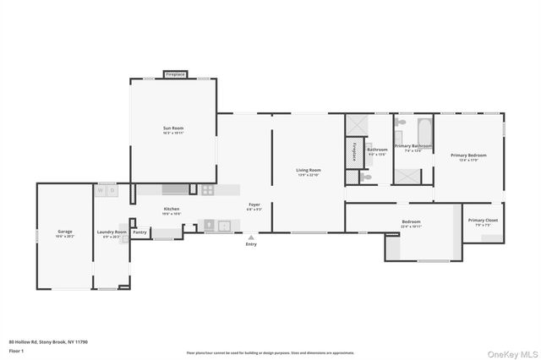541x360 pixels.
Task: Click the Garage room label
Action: coord(64,231)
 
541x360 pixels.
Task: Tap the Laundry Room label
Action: coord(112,232)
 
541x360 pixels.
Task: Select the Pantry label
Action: coord(140,232)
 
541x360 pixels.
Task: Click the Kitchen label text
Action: coord(172,209)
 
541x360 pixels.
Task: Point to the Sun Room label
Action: coord(172,129)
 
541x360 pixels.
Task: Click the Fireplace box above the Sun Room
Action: coord(175,74)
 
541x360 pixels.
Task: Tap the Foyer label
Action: coord(254,205)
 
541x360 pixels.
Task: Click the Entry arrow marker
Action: coord(251,237)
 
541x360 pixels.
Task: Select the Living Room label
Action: coord(308,172)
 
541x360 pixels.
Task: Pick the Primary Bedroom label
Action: coord(467,155)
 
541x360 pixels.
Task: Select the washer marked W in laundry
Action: coord(101,191)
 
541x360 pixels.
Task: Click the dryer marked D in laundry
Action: coord(112,191)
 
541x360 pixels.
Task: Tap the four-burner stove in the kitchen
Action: coord(206,190)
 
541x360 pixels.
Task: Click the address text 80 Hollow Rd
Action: coord(48,342)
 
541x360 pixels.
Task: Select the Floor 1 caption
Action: coord(16,350)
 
